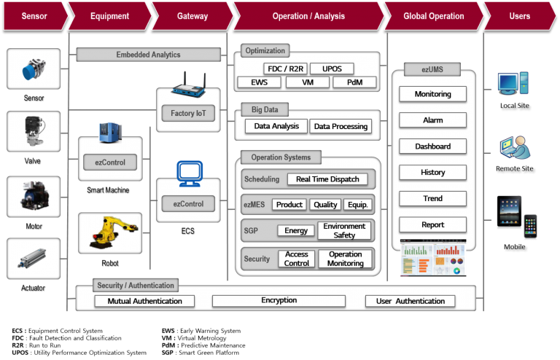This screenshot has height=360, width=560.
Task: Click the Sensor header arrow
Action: (32, 16)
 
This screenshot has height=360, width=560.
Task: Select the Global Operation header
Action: (433, 16)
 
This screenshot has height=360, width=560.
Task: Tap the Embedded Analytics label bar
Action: (148, 55)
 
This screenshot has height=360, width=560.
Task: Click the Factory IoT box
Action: (187, 114)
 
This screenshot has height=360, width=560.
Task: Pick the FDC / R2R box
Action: (285, 69)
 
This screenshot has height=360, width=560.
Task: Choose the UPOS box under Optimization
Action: (332, 69)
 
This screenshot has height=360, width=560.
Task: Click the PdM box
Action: (355, 82)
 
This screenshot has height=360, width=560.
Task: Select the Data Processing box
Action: (340, 126)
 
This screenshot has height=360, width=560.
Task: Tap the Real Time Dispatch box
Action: (327, 179)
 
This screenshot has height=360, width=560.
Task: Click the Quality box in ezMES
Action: (325, 205)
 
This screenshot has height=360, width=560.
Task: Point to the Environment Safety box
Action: (344, 231)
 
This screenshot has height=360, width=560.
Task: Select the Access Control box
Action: (297, 259)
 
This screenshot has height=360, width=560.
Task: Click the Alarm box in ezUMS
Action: (432, 120)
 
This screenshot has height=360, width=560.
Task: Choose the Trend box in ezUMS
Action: (432, 199)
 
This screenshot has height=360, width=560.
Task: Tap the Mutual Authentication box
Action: (144, 301)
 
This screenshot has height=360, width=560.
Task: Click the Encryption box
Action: (279, 300)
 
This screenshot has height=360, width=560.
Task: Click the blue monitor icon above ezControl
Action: (187, 173)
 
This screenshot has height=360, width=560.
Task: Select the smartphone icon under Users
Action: (530, 227)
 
